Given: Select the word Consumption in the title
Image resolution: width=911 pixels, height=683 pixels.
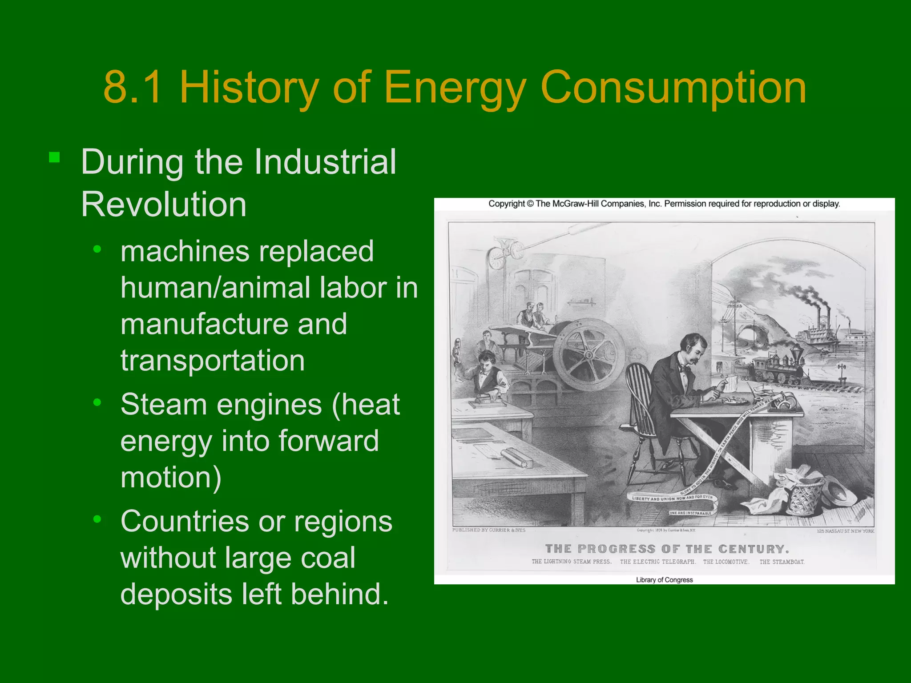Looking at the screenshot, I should [673, 88].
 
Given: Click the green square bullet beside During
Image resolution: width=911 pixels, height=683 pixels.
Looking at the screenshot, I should [54, 157].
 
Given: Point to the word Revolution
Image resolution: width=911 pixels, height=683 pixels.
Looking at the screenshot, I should [163, 205].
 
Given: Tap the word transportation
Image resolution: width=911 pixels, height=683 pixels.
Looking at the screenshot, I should [213, 360].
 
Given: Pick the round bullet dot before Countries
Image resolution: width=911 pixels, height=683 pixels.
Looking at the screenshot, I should [97, 519].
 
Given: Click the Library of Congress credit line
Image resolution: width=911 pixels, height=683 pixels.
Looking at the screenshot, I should [664, 580].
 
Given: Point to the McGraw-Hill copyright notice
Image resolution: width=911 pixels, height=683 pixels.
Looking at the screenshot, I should [664, 204].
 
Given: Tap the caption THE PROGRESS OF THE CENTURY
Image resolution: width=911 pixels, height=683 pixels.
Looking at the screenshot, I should [667, 549].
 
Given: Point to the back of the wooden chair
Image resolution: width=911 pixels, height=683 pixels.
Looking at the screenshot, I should [639, 391].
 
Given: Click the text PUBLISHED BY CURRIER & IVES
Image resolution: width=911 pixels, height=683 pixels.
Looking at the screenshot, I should [488, 530].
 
